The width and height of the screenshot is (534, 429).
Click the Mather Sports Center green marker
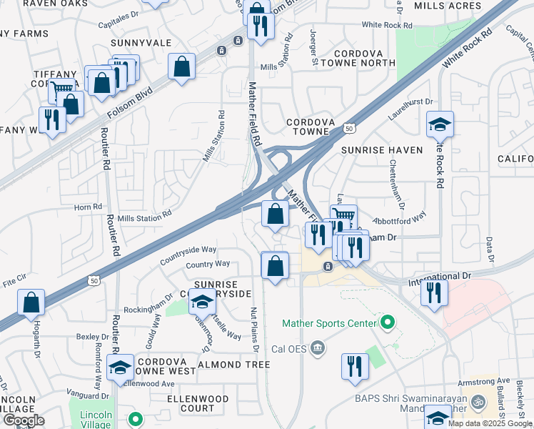click(388, 324)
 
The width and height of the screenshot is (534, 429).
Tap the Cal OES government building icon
click(318, 348)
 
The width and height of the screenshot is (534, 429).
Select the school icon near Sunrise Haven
click(440, 124)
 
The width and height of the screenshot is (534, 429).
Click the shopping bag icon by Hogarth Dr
click(31, 302)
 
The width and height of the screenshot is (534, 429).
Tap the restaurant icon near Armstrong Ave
click(355, 366)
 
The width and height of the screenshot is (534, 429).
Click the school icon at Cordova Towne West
click(120, 368)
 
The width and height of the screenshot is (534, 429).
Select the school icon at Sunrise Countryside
click(202, 302)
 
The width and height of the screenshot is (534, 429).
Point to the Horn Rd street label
click(88, 207)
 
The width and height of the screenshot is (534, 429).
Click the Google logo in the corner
click(24, 420)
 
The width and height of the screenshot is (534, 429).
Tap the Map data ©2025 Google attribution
click(490, 423)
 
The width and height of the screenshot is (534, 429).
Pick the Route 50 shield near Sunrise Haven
click(348, 128)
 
